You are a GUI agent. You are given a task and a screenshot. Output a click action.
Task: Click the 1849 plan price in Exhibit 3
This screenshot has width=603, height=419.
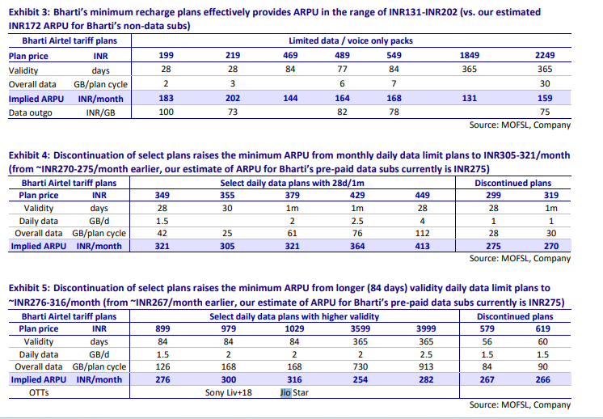pos(469,55)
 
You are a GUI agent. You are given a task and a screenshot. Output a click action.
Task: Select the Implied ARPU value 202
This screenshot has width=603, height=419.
pos(233,99)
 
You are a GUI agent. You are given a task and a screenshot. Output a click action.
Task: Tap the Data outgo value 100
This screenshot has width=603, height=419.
pos(167,112)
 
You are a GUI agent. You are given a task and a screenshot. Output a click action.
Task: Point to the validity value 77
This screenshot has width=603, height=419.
pos(342,70)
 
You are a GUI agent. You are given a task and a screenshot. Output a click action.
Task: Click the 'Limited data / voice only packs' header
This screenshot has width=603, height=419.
pos(351,40)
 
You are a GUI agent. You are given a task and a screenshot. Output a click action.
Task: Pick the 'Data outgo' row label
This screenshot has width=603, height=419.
pos(31,112)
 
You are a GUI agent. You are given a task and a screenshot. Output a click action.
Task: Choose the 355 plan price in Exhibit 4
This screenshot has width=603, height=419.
pos(227,195)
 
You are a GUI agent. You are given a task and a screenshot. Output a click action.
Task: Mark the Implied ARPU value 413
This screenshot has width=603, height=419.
pos(422,246)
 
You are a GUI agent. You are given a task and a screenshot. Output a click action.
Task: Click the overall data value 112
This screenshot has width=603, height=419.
pos(422,233)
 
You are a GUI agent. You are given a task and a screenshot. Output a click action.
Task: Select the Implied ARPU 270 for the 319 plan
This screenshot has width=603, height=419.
pos(551,246)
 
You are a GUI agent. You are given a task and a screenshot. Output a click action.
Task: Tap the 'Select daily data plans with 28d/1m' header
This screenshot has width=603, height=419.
pos(293,183)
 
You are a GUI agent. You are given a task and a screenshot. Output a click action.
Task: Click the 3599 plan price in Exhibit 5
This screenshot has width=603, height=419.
pos(361,328)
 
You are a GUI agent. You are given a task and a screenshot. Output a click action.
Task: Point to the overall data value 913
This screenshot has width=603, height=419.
pos(426,366)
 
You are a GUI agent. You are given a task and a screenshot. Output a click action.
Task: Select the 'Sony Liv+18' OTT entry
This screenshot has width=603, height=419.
pos(229,392)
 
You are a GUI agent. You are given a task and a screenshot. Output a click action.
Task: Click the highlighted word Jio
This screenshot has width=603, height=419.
pos(285,392)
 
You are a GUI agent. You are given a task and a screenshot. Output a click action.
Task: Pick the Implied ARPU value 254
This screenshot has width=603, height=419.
pos(361,379)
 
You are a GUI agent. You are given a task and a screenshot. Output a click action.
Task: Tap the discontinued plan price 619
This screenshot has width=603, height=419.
pos(542,328)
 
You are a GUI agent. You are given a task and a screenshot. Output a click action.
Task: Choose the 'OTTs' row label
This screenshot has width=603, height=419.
pos(39,392)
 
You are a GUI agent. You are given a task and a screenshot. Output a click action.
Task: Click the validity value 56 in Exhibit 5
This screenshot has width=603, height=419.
pos(487,341)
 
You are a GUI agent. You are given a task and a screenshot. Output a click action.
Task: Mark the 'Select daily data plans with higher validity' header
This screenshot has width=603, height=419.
pos(294,316)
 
